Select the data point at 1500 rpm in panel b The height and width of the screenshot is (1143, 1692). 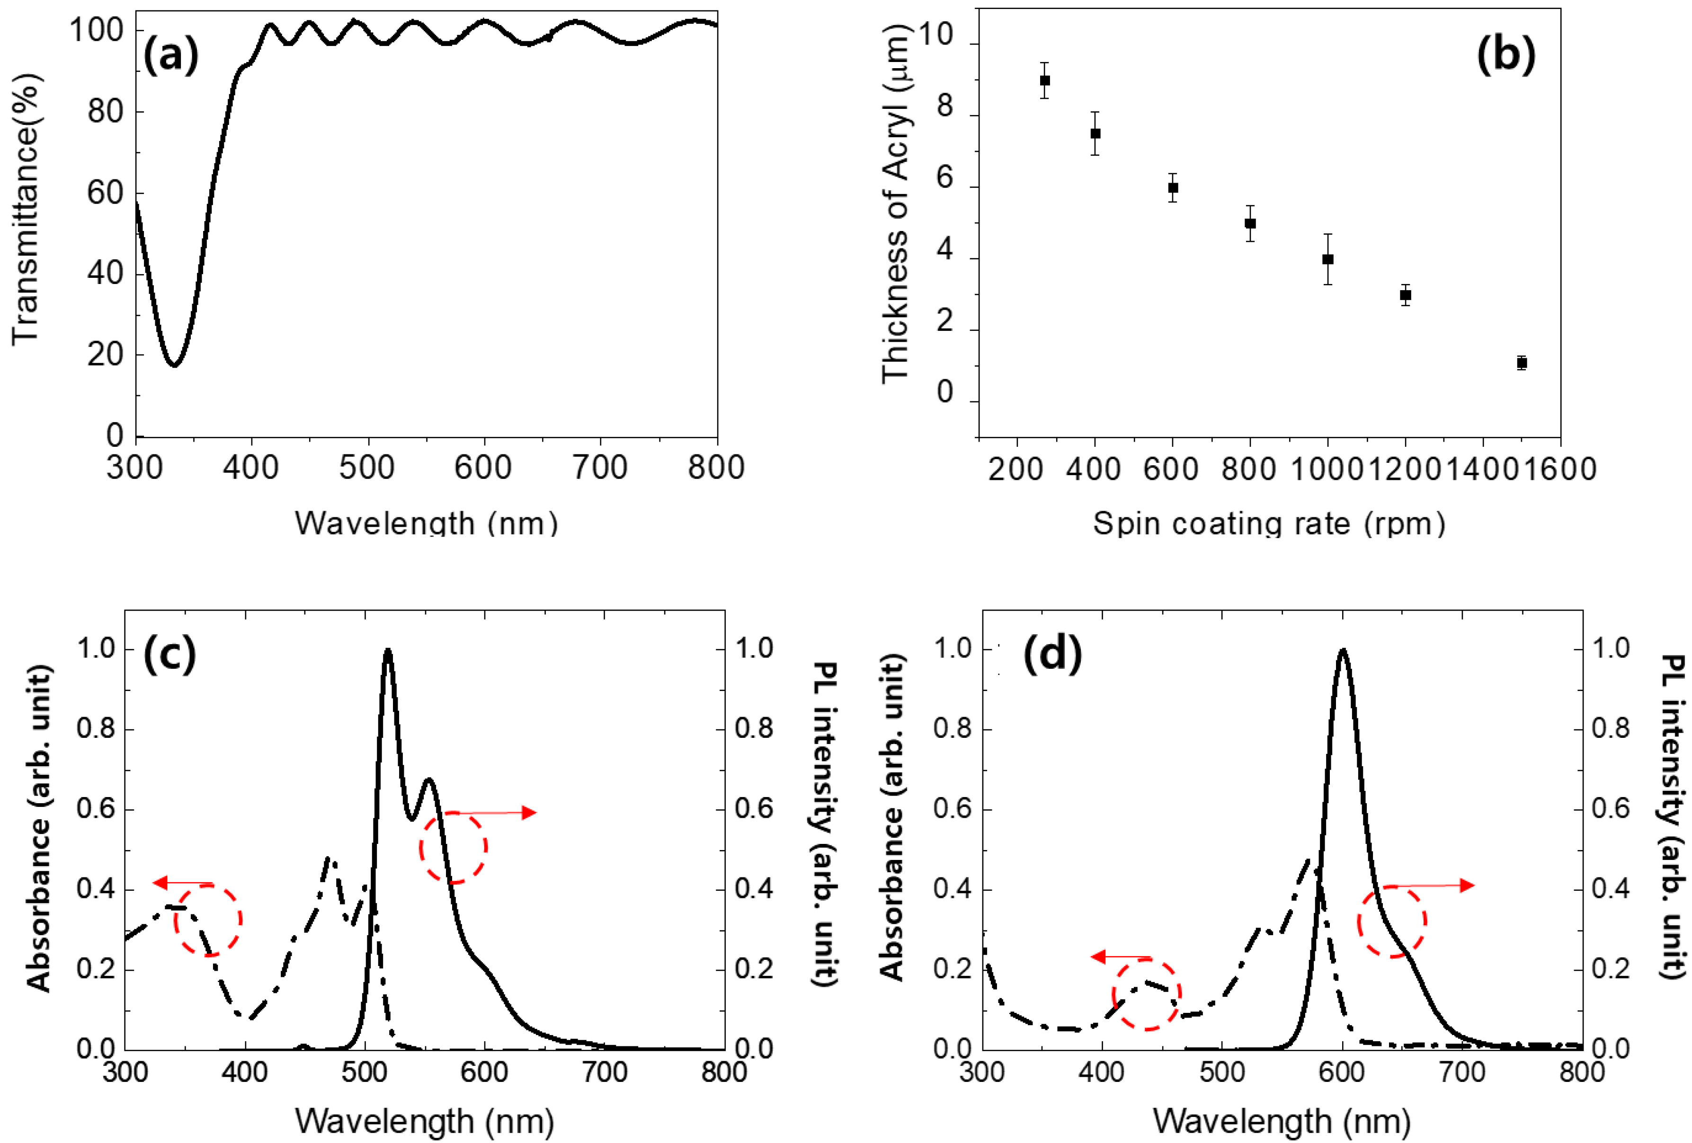click(x=1521, y=363)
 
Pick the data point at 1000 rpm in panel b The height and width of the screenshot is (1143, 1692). click(x=1327, y=259)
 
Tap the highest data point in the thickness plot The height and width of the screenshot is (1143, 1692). click(x=1045, y=80)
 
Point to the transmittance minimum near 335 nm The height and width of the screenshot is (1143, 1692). click(x=174, y=363)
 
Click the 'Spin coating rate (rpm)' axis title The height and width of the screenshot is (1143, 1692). click(x=1268, y=523)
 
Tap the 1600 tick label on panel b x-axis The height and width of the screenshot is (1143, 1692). click(x=1560, y=468)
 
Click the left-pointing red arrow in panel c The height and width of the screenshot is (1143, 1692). click(x=182, y=883)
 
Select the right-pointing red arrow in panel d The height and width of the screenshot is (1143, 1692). click(x=1431, y=886)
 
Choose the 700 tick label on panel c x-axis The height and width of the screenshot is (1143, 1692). click(x=606, y=1072)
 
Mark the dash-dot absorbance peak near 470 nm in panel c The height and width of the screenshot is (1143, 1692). click(x=329, y=860)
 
